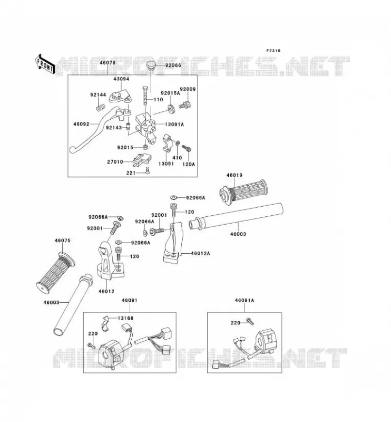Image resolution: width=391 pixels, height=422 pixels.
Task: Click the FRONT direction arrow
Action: [45, 64]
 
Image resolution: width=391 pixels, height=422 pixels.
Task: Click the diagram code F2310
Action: [273, 51]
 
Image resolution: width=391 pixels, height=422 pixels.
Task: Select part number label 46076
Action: [107, 63]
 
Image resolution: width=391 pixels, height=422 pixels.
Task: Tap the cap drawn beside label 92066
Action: [152, 65]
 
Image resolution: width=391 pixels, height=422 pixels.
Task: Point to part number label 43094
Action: [121, 79]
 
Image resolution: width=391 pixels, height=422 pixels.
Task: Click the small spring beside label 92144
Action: [101, 108]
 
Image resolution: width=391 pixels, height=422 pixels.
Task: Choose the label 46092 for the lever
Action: [81, 124]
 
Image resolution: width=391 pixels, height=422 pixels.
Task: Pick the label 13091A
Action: [174, 124]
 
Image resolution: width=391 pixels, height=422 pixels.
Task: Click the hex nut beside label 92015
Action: [145, 147]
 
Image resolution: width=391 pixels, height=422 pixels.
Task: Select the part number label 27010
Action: [115, 162]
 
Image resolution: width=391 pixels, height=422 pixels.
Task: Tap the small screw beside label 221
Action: [147, 170]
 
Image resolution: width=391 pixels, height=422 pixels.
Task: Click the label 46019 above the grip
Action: [234, 175]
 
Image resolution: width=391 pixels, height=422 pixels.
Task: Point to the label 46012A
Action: [200, 253]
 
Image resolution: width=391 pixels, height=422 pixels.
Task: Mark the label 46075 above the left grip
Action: [62, 241]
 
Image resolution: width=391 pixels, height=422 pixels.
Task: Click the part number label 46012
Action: [106, 291]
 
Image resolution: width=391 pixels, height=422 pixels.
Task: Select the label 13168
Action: [125, 318]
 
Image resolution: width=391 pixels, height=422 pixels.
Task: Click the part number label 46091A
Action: [245, 300]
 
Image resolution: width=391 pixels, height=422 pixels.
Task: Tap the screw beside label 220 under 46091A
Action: [250, 321]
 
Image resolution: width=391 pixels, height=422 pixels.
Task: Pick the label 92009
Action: [188, 89]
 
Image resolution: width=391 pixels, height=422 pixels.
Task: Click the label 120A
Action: [189, 164]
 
